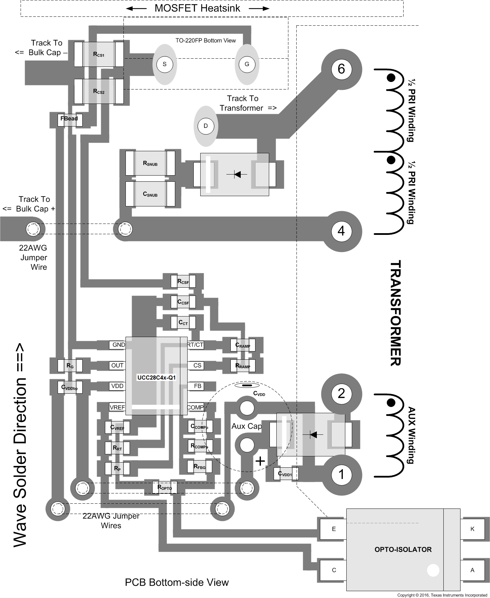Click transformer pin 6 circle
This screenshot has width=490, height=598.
(341, 69)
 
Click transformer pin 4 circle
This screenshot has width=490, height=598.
(341, 231)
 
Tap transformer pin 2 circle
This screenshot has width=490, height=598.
(341, 393)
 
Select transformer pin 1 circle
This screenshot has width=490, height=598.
(341, 475)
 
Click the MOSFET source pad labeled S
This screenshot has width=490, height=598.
(165, 64)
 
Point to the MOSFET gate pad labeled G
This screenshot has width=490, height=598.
(247, 64)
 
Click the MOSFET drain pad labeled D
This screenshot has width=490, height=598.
(206, 126)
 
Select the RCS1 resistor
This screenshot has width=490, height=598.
(99, 55)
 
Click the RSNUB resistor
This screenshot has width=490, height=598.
(150, 164)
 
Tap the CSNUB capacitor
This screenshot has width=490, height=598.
(150, 194)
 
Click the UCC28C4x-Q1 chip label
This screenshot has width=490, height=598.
(156, 378)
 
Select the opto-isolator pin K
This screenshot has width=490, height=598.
(472, 529)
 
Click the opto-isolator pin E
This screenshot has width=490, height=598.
(333, 529)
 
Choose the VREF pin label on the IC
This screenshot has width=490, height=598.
(117, 407)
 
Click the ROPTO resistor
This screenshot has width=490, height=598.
(165, 487)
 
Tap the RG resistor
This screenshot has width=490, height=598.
(70, 366)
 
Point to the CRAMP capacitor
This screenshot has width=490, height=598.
(243, 345)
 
